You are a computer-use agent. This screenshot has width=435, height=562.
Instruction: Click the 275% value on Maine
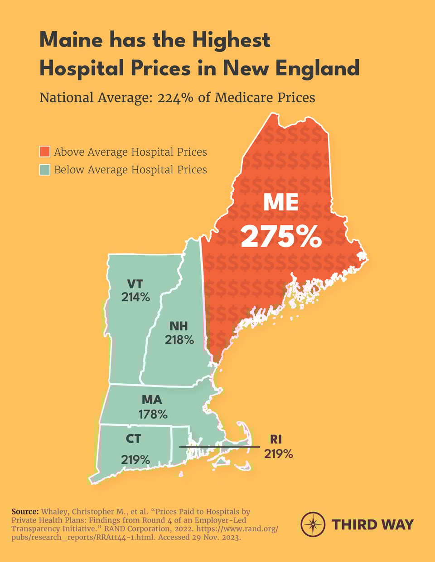click(x=281, y=236)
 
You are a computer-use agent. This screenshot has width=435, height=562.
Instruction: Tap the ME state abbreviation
click(x=281, y=202)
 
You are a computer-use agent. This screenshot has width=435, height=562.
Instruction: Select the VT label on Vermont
click(x=135, y=284)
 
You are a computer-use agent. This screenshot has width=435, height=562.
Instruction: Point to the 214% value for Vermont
click(x=135, y=297)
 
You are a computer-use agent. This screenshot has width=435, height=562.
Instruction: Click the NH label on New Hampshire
click(x=179, y=326)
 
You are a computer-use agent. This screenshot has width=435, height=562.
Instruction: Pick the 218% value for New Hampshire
click(x=179, y=339)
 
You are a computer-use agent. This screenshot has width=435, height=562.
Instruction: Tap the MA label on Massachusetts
click(x=152, y=400)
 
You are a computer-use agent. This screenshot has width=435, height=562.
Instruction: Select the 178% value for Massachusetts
click(x=153, y=414)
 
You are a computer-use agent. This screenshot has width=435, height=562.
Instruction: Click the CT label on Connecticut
click(x=133, y=438)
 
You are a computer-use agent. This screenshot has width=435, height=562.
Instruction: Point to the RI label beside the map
click(x=276, y=439)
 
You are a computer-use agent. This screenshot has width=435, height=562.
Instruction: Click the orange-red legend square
click(x=44, y=152)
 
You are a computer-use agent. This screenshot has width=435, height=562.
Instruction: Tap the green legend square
click(x=44, y=170)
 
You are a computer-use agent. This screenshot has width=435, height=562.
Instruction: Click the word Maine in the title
click(x=71, y=40)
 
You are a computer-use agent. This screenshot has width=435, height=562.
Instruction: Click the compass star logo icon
click(x=313, y=524)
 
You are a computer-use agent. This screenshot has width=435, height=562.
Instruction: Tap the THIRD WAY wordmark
click(x=372, y=525)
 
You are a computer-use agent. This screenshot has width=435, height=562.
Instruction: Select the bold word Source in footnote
click(x=25, y=512)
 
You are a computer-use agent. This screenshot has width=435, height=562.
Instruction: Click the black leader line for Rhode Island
click(x=219, y=447)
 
